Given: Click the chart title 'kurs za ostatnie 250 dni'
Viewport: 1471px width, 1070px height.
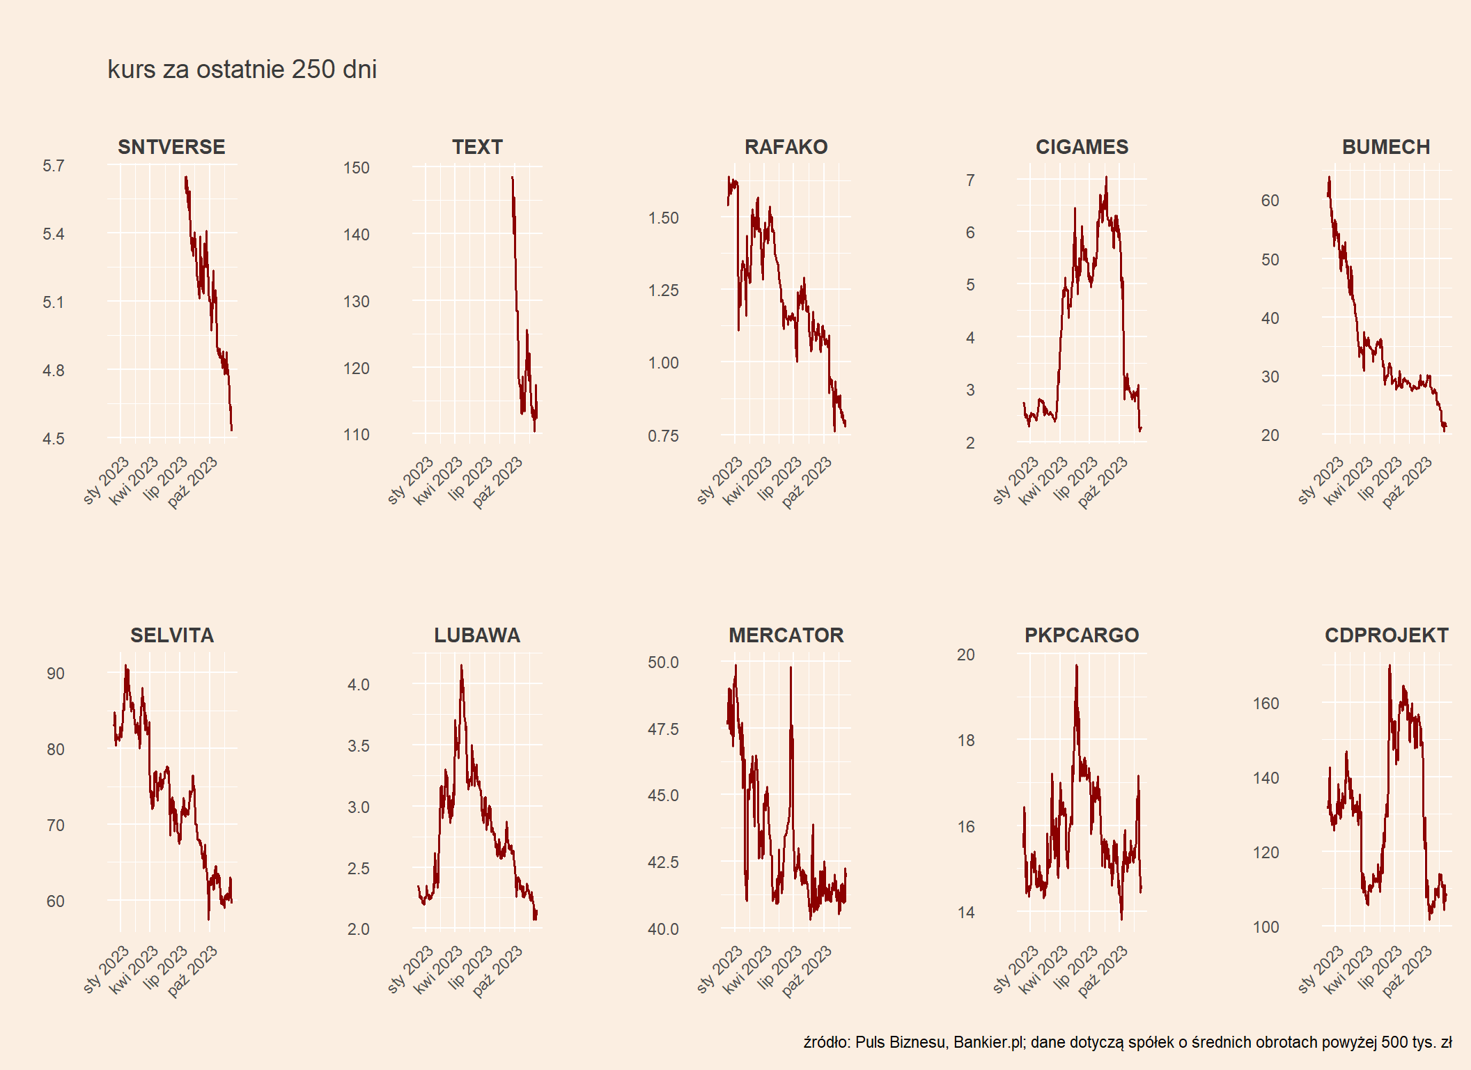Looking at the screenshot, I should point(242,70).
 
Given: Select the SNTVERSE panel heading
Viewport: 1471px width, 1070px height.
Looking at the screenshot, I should point(171,147).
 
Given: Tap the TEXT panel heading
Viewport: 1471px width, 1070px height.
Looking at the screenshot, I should point(477,147).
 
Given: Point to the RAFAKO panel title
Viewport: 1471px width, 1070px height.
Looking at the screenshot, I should point(786,147).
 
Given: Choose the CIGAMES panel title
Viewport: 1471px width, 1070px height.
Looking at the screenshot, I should point(1082,147).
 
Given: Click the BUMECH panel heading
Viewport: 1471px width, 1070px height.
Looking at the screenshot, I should point(1386,147).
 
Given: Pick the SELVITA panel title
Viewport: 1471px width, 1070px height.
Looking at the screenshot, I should point(172,635).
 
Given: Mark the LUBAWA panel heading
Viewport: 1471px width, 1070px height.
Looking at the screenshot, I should point(477,635).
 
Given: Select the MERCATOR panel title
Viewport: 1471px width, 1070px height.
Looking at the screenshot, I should point(786,635).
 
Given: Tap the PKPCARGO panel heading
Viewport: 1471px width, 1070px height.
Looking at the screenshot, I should point(1082,635).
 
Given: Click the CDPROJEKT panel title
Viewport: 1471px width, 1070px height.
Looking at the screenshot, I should point(1386,635).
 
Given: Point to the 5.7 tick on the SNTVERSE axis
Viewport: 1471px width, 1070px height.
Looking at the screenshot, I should point(54,166).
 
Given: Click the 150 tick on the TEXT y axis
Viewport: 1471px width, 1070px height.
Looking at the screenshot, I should point(356,168).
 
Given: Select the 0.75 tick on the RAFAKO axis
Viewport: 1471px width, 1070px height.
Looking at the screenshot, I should point(663,436).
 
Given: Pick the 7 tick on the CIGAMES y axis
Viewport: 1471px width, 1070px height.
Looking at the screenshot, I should point(970,180).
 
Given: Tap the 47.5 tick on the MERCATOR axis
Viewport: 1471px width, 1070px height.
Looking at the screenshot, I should point(663,729).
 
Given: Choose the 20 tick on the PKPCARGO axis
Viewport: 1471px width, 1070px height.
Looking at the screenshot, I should point(966,655).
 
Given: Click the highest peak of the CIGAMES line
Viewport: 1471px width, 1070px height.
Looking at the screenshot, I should point(1106,177).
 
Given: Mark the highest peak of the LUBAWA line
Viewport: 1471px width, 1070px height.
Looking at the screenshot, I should point(461,665).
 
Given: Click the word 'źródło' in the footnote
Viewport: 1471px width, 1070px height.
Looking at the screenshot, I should point(826,1043).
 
